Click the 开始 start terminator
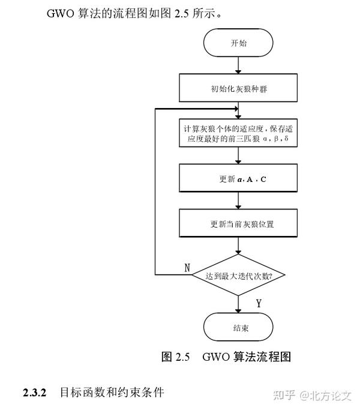point(238,43)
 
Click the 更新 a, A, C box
point(238,179)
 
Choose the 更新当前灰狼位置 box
point(238,224)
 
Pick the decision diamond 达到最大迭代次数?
point(238,276)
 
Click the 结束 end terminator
point(238,328)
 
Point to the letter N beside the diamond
point(187,268)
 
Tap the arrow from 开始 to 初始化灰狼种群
point(238,65)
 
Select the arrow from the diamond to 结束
point(238,305)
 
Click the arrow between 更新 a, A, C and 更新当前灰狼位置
point(238,201)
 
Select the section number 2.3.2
point(35,393)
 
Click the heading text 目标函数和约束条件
point(111,393)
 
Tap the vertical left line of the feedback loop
point(155,192)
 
